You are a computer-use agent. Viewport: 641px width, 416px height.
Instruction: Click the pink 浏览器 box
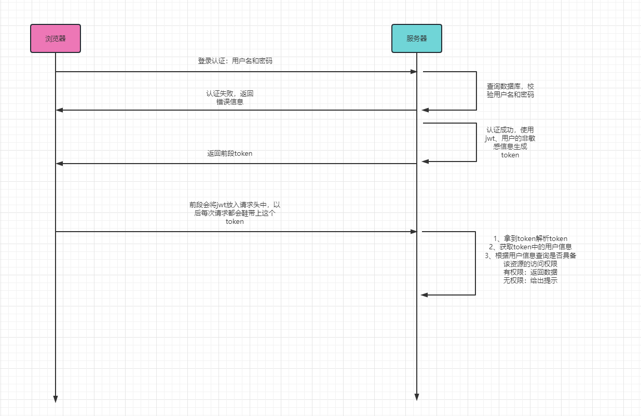[x=56, y=38]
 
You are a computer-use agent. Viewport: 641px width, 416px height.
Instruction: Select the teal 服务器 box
[x=417, y=38]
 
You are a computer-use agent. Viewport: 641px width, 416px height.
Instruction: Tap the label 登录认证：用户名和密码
[x=235, y=61]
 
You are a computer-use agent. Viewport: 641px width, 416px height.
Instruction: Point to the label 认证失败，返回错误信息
[x=230, y=98]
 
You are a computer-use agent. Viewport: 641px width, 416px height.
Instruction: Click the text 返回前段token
[x=230, y=154]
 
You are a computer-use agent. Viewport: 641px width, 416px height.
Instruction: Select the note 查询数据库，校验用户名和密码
[x=510, y=90]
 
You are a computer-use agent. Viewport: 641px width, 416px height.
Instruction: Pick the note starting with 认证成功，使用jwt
[x=510, y=142]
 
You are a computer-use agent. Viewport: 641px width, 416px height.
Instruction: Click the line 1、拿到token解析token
[x=530, y=238]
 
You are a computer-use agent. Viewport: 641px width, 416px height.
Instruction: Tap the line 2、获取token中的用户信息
[x=530, y=247]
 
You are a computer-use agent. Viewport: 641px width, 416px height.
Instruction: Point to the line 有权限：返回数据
[x=530, y=272]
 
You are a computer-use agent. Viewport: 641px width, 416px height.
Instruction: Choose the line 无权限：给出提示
[x=530, y=280]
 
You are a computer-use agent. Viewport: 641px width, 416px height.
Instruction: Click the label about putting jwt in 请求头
[x=235, y=213]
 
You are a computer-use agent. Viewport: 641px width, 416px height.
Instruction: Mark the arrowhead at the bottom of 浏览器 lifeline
[x=56, y=399]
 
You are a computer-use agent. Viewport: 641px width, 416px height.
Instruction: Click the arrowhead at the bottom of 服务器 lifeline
[x=417, y=397]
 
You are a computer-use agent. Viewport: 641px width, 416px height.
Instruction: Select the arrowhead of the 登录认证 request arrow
[x=414, y=72]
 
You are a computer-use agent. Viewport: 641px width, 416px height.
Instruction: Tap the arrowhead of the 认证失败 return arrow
[x=59, y=110]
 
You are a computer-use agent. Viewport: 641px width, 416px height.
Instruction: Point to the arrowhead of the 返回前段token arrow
[x=59, y=164]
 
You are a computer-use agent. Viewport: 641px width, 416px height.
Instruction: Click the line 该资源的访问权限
[x=530, y=264]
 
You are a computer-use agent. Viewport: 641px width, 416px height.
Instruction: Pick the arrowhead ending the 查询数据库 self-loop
[x=425, y=110]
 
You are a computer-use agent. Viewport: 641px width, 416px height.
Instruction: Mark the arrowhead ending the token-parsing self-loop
[x=424, y=295]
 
